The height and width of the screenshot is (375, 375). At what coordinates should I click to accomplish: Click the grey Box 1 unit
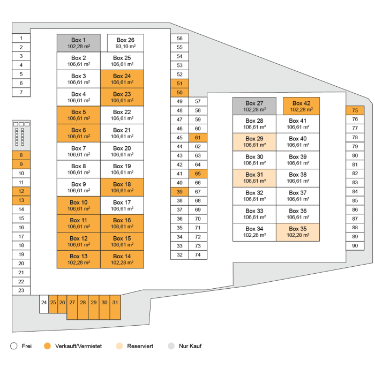78,43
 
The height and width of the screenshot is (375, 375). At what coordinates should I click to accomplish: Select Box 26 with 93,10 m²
125,43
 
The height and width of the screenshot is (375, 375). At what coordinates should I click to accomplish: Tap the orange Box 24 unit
122,79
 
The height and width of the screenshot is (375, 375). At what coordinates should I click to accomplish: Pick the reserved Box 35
297,232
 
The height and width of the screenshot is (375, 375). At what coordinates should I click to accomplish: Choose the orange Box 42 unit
301,106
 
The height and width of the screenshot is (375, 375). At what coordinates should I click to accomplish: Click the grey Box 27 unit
254,106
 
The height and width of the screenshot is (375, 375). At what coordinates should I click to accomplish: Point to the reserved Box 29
254,141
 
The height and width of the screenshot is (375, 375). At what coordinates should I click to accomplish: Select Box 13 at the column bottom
78,259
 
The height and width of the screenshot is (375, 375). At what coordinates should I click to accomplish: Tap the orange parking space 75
355,110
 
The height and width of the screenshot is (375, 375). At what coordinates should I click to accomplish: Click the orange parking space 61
198,138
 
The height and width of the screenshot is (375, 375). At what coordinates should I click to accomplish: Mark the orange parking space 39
179,192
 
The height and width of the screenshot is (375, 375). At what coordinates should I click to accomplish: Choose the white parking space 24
44,303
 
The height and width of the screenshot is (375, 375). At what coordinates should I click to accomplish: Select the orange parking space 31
115,303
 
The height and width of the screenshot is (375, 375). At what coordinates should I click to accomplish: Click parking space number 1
21,38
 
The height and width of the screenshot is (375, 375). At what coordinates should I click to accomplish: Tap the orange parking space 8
21,155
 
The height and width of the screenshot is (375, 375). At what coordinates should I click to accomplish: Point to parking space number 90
355,245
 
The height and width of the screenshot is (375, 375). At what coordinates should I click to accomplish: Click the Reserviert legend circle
120,346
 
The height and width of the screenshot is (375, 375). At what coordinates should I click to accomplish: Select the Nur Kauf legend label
191,346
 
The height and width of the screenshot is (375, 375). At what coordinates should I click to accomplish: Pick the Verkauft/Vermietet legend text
79,346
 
